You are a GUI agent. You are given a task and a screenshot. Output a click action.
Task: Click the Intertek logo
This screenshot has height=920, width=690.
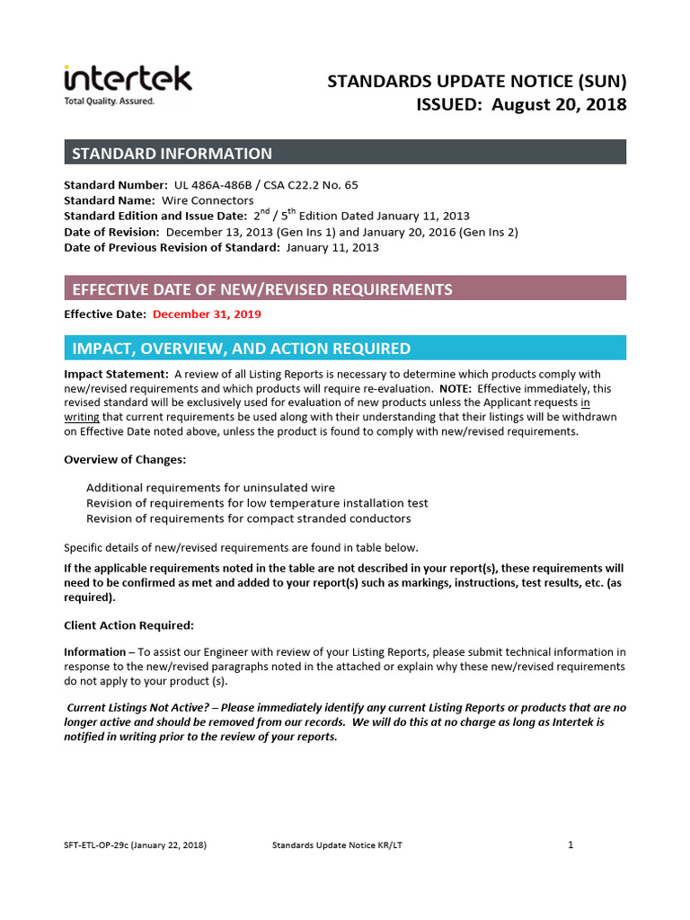(x=127, y=78)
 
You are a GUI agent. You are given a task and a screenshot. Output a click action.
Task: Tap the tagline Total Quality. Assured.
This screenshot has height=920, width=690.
(x=109, y=102)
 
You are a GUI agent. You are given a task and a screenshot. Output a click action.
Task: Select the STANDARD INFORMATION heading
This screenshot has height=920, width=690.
(x=172, y=153)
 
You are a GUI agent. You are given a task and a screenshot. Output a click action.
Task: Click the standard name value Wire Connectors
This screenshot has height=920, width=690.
(x=207, y=200)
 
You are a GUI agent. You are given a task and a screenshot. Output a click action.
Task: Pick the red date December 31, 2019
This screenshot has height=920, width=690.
(x=207, y=314)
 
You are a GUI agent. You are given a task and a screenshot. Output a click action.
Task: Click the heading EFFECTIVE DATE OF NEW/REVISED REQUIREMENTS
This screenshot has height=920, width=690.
(x=261, y=288)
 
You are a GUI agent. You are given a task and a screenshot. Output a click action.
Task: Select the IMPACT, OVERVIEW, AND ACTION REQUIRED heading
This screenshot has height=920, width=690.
(x=241, y=349)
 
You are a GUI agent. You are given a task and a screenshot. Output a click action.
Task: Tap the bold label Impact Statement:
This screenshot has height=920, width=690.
(x=116, y=374)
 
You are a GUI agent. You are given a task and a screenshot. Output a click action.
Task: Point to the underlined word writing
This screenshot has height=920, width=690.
(x=81, y=417)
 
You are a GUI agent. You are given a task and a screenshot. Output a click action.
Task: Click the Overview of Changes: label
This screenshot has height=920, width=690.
(x=125, y=459)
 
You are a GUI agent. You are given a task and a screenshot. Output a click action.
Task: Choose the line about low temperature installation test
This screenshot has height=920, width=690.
(x=257, y=503)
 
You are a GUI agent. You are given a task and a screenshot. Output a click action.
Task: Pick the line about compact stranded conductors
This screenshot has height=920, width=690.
(x=248, y=518)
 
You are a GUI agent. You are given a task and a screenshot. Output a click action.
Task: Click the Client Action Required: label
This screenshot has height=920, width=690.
(x=128, y=625)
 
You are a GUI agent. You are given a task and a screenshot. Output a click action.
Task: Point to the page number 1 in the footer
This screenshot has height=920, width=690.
(x=571, y=845)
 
